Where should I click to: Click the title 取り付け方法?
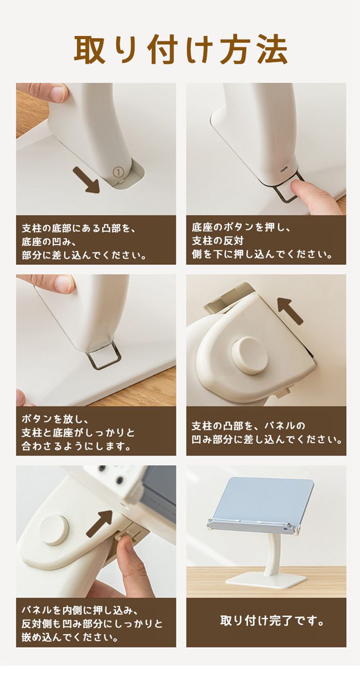(x=181, y=50)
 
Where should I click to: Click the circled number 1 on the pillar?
(x=119, y=172)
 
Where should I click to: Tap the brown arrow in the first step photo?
(x=86, y=180)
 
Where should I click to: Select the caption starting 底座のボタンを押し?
(x=262, y=241)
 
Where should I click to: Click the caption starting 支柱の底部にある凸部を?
(x=84, y=242)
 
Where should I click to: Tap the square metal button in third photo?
(x=104, y=358)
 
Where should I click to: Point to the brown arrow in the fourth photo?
(x=290, y=311)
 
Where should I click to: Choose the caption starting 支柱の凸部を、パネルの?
(x=267, y=433)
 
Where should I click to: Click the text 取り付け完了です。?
(x=272, y=620)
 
